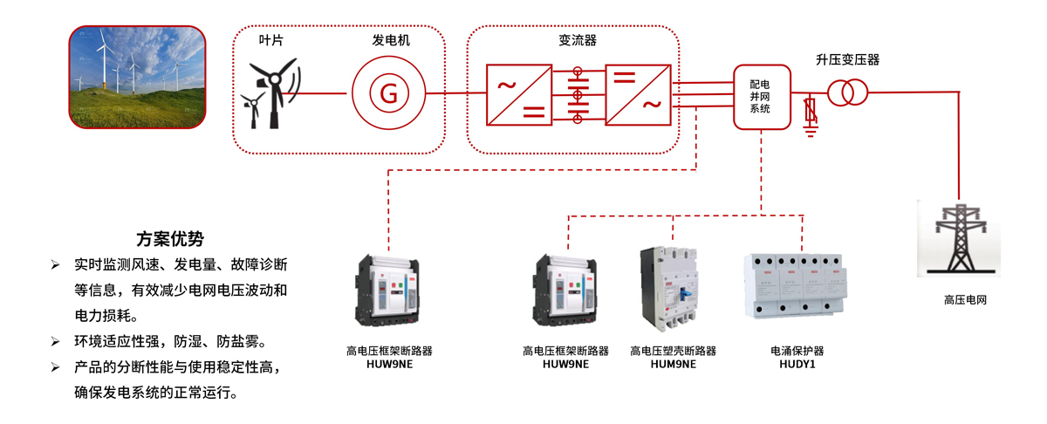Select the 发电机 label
[390, 41]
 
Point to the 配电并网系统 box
[761, 97]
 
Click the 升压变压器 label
[847, 60]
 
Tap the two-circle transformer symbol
[847, 92]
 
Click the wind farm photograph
[138, 76]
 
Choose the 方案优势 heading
[170, 237]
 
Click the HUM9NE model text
[673, 365]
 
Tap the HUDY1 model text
[797, 365]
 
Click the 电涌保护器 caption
[797, 351]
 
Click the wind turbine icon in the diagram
[271, 94]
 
